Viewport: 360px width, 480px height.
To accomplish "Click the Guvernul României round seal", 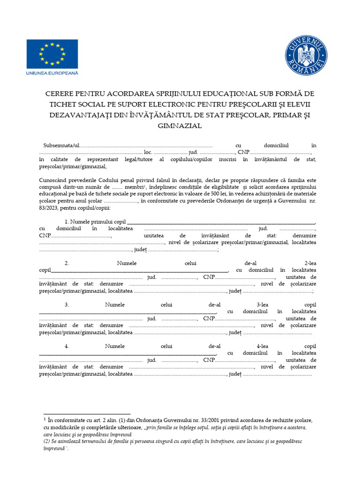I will point(307,55).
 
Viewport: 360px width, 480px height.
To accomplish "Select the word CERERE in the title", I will point(62,94).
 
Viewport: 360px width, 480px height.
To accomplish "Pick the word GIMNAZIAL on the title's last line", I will point(180,126).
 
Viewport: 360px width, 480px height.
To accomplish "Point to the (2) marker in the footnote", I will point(46,441).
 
